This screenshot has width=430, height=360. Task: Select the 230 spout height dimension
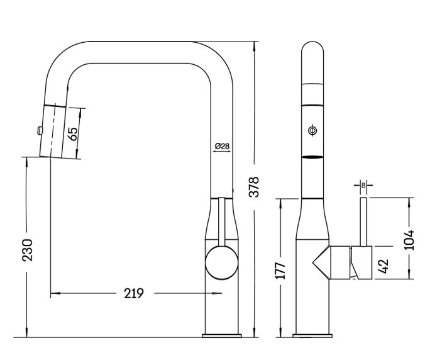click(26, 250)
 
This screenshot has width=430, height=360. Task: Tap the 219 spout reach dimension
click(135, 293)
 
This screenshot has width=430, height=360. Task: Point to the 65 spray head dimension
click(72, 133)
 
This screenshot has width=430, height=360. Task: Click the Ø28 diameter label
click(221, 146)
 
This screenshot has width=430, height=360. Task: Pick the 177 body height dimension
click(282, 269)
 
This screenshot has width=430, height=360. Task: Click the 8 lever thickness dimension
click(364, 185)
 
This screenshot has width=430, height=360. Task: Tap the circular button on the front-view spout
click(311, 130)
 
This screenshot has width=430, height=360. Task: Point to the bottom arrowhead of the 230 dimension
click(26, 333)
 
